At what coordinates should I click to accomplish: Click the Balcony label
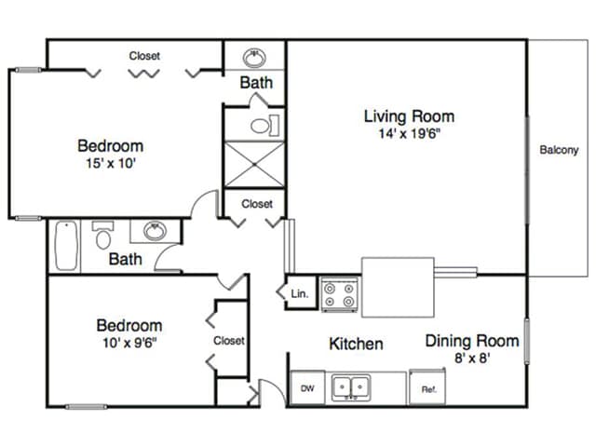pos(559,150)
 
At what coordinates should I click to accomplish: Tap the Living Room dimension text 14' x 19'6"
pos(410,133)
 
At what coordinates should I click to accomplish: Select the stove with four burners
pos(339,294)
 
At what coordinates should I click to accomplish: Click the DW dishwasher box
pos(307,387)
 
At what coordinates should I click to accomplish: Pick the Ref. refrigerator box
pos(427,387)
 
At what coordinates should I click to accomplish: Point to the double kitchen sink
pos(350,387)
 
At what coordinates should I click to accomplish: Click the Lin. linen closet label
pos(300,293)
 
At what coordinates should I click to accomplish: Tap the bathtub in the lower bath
pos(66,246)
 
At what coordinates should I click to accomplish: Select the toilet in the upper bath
pos(264,125)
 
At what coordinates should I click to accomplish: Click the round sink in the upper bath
pos(254,58)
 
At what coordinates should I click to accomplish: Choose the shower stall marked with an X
pos(254,164)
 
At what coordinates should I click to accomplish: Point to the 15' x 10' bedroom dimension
pos(111,163)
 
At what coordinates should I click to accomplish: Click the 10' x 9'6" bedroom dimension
pos(129,343)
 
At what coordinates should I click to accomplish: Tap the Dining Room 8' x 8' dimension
pos(472,358)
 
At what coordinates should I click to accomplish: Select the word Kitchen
pos(356,344)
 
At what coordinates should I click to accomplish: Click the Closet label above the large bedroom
pos(144,56)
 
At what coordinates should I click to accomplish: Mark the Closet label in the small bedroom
pos(229,341)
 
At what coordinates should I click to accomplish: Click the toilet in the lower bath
pos(102,235)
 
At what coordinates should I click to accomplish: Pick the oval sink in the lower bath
pos(155,231)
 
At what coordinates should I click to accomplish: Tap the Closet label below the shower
pos(257,204)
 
